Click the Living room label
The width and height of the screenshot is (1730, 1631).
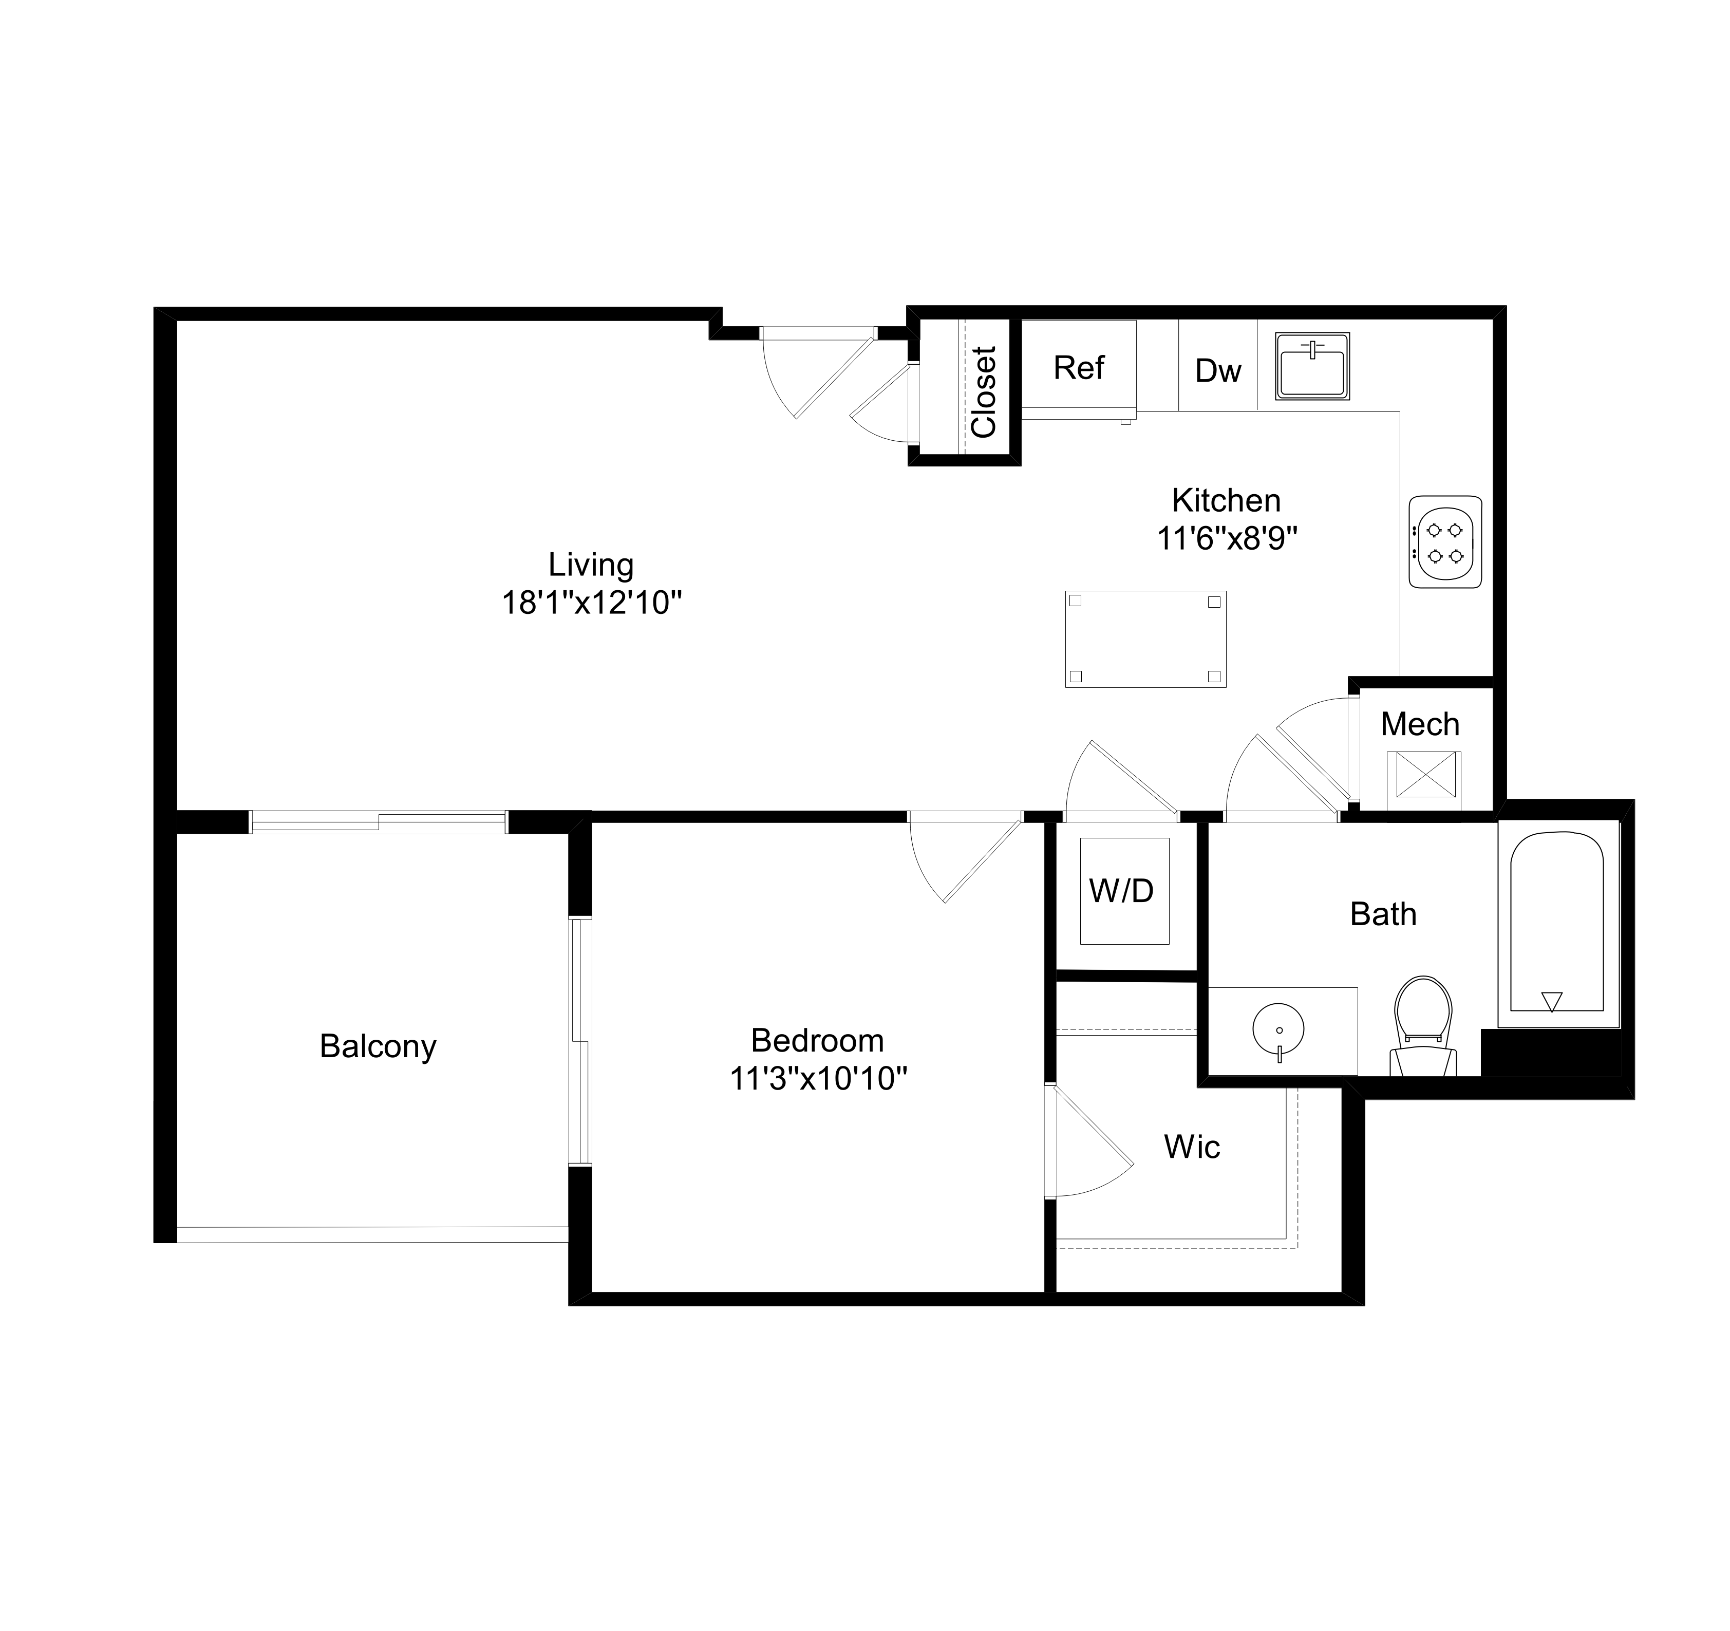[591, 565]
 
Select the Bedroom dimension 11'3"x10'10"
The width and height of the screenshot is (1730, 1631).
[818, 1079]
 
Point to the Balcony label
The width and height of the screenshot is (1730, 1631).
[378, 1045]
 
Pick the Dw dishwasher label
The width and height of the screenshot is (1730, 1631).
[1217, 371]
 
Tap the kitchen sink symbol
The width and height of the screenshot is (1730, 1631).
[1312, 366]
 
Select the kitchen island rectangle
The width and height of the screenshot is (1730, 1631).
[1145, 639]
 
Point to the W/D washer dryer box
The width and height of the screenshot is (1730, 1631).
[1123, 890]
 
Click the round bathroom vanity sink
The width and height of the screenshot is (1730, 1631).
[1278, 1029]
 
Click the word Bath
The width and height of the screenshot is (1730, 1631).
[1383, 914]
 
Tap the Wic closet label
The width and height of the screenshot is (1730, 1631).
[1191, 1147]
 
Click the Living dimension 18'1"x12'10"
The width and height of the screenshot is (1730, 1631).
[591, 602]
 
